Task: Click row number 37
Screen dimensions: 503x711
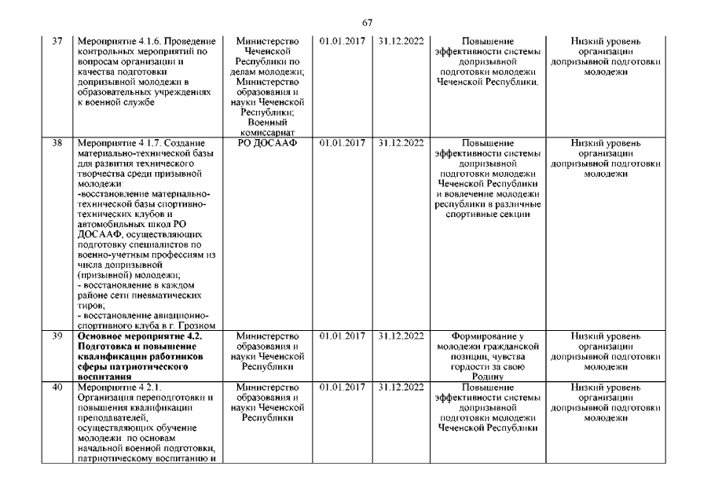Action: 56,40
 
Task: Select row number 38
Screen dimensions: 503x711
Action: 56,143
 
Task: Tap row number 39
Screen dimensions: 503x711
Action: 56,336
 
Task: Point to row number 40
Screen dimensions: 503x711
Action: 56,387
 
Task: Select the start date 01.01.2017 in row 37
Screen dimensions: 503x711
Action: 343,40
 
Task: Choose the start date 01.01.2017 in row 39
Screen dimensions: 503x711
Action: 343,336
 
